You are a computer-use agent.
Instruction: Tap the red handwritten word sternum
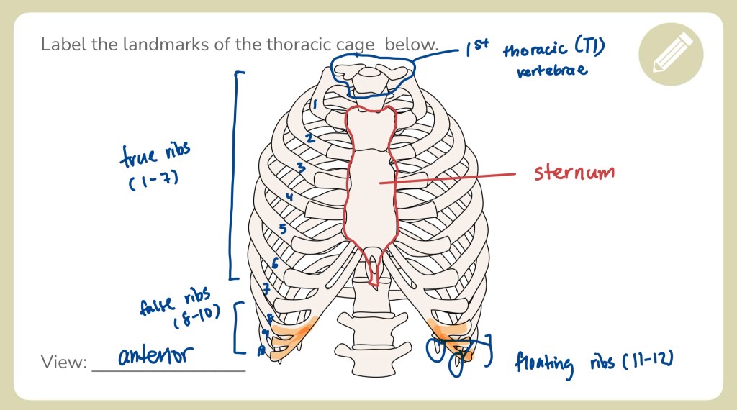point(574,173)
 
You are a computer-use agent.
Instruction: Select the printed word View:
point(64,362)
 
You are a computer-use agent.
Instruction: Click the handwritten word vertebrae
point(552,70)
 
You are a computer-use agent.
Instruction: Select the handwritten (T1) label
point(589,48)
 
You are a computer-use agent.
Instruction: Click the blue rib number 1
point(315,105)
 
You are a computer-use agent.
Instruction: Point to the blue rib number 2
point(309,137)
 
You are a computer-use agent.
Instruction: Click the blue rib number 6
point(275,263)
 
